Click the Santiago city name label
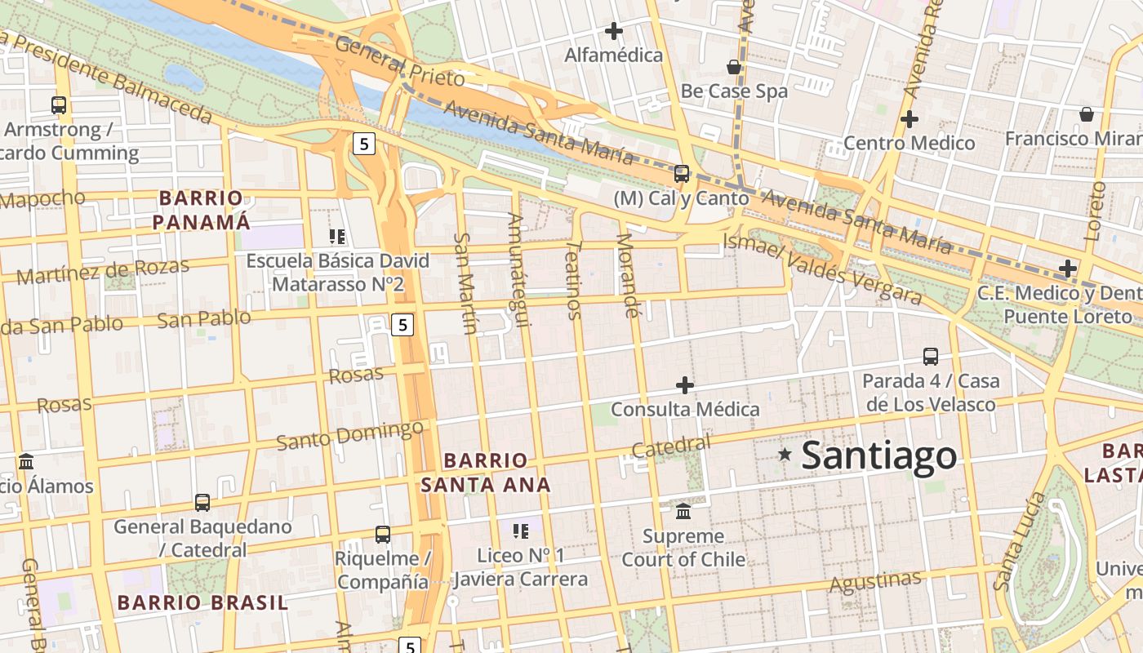pyautogui.click(x=878, y=455)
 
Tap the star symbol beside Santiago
pyautogui.click(x=785, y=454)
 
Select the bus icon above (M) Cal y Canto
pyautogui.click(x=682, y=173)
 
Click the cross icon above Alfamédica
pyautogui.click(x=614, y=32)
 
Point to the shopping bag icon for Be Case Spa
pyautogui.click(x=734, y=67)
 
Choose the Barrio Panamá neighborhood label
pyautogui.click(x=201, y=210)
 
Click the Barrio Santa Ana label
pyautogui.click(x=486, y=472)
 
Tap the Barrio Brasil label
pyautogui.click(x=202, y=603)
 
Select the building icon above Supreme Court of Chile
pyautogui.click(x=683, y=512)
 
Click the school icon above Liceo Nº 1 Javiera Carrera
pyautogui.click(x=520, y=532)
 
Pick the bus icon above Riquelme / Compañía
pyautogui.click(x=382, y=535)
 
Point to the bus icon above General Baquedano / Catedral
pyautogui.click(x=202, y=502)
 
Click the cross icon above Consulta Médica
pyautogui.click(x=685, y=384)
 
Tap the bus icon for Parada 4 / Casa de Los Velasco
pyautogui.click(x=931, y=356)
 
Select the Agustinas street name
pyautogui.click(x=875, y=582)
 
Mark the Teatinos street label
pyautogui.click(x=574, y=279)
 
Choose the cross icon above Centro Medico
pyautogui.click(x=909, y=119)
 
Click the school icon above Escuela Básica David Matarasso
pyautogui.click(x=337, y=237)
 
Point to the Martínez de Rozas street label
pyautogui.click(x=103, y=270)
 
